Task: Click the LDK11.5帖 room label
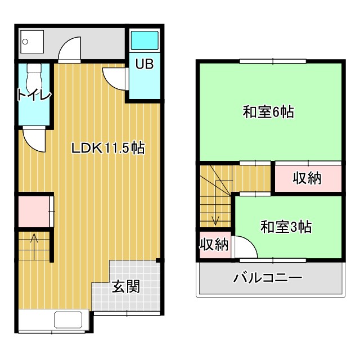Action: click(108, 148)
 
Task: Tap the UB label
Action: click(143, 64)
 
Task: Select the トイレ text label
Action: click(34, 94)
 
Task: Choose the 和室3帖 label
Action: click(286, 227)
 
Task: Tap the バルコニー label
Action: click(268, 278)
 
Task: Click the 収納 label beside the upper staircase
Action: click(307, 178)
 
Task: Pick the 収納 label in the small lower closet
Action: click(214, 245)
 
